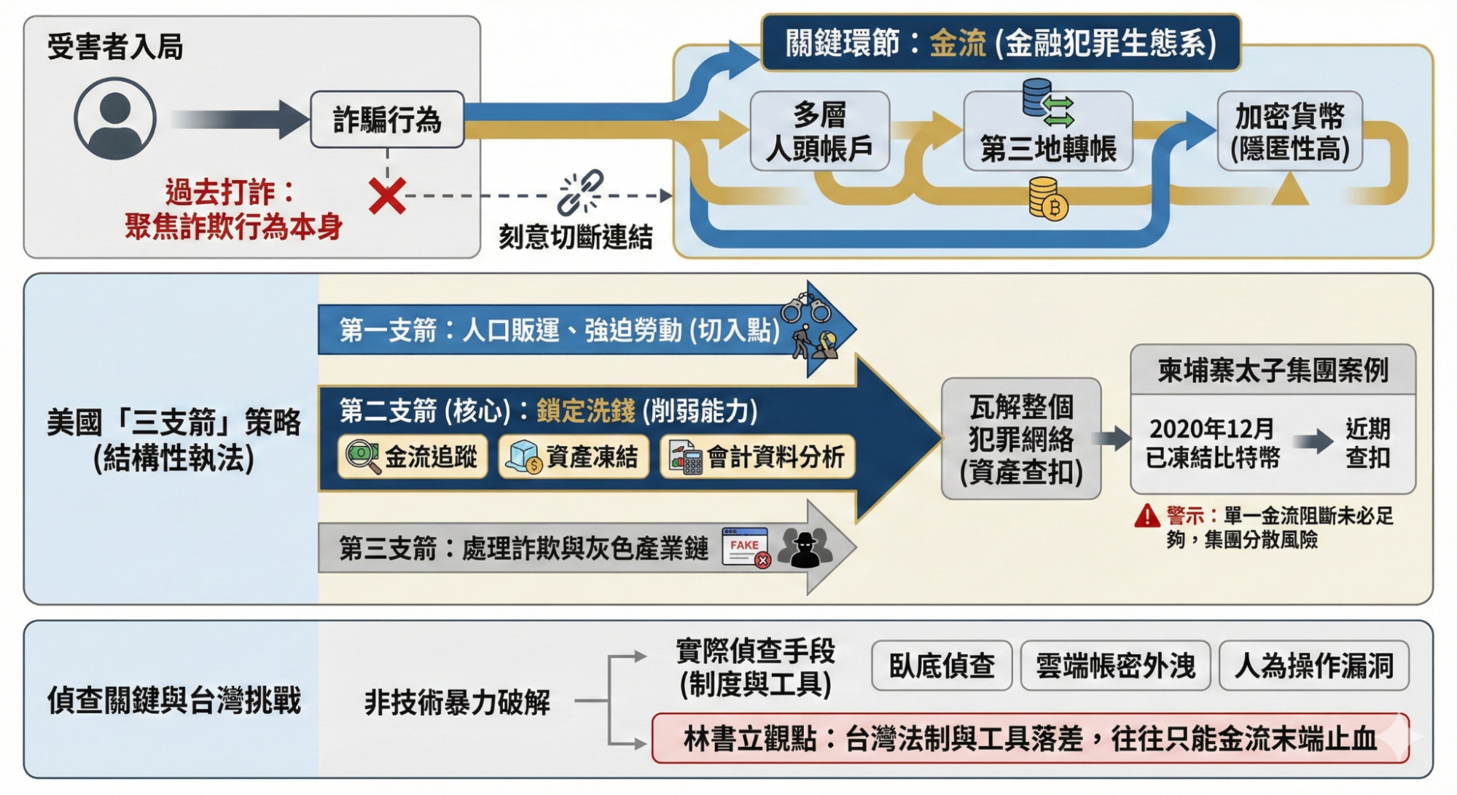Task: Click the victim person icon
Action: coord(115,119)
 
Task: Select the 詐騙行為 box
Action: coord(387,120)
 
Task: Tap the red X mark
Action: coord(387,195)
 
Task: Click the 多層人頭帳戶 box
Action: coord(819,132)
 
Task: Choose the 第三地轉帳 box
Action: coord(1047,148)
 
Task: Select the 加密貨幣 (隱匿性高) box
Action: coord(1289,132)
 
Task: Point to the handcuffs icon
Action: coord(805,308)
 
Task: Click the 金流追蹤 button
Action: coord(413,457)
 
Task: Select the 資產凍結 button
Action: coord(574,457)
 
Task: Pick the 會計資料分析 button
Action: coord(757,457)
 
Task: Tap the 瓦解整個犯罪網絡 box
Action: coord(1020,439)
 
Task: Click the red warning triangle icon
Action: coord(1147,516)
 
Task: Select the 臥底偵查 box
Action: coord(942,665)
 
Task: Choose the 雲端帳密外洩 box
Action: coord(1115,665)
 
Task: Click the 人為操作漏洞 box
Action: coord(1313,665)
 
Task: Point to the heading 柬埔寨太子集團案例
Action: coord(1273,370)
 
